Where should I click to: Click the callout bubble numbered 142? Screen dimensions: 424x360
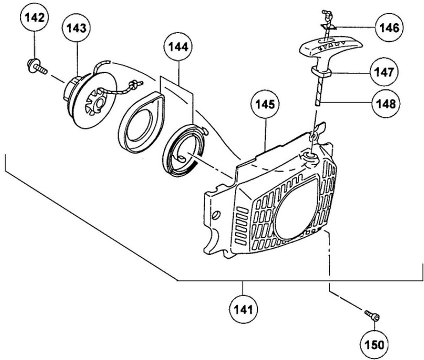click(34, 17)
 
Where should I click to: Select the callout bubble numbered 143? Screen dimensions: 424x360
click(76, 28)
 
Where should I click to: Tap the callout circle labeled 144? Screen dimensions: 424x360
click(178, 47)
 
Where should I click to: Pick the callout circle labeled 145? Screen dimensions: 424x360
click(265, 104)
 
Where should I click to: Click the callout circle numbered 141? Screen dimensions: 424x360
click(243, 309)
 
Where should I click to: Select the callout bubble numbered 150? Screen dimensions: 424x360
click(374, 344)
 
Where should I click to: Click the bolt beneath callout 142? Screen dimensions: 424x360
click(37, 66)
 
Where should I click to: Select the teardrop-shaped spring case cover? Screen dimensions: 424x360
click(141, 120)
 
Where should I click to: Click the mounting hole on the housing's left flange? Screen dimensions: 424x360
click(216, 215)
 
